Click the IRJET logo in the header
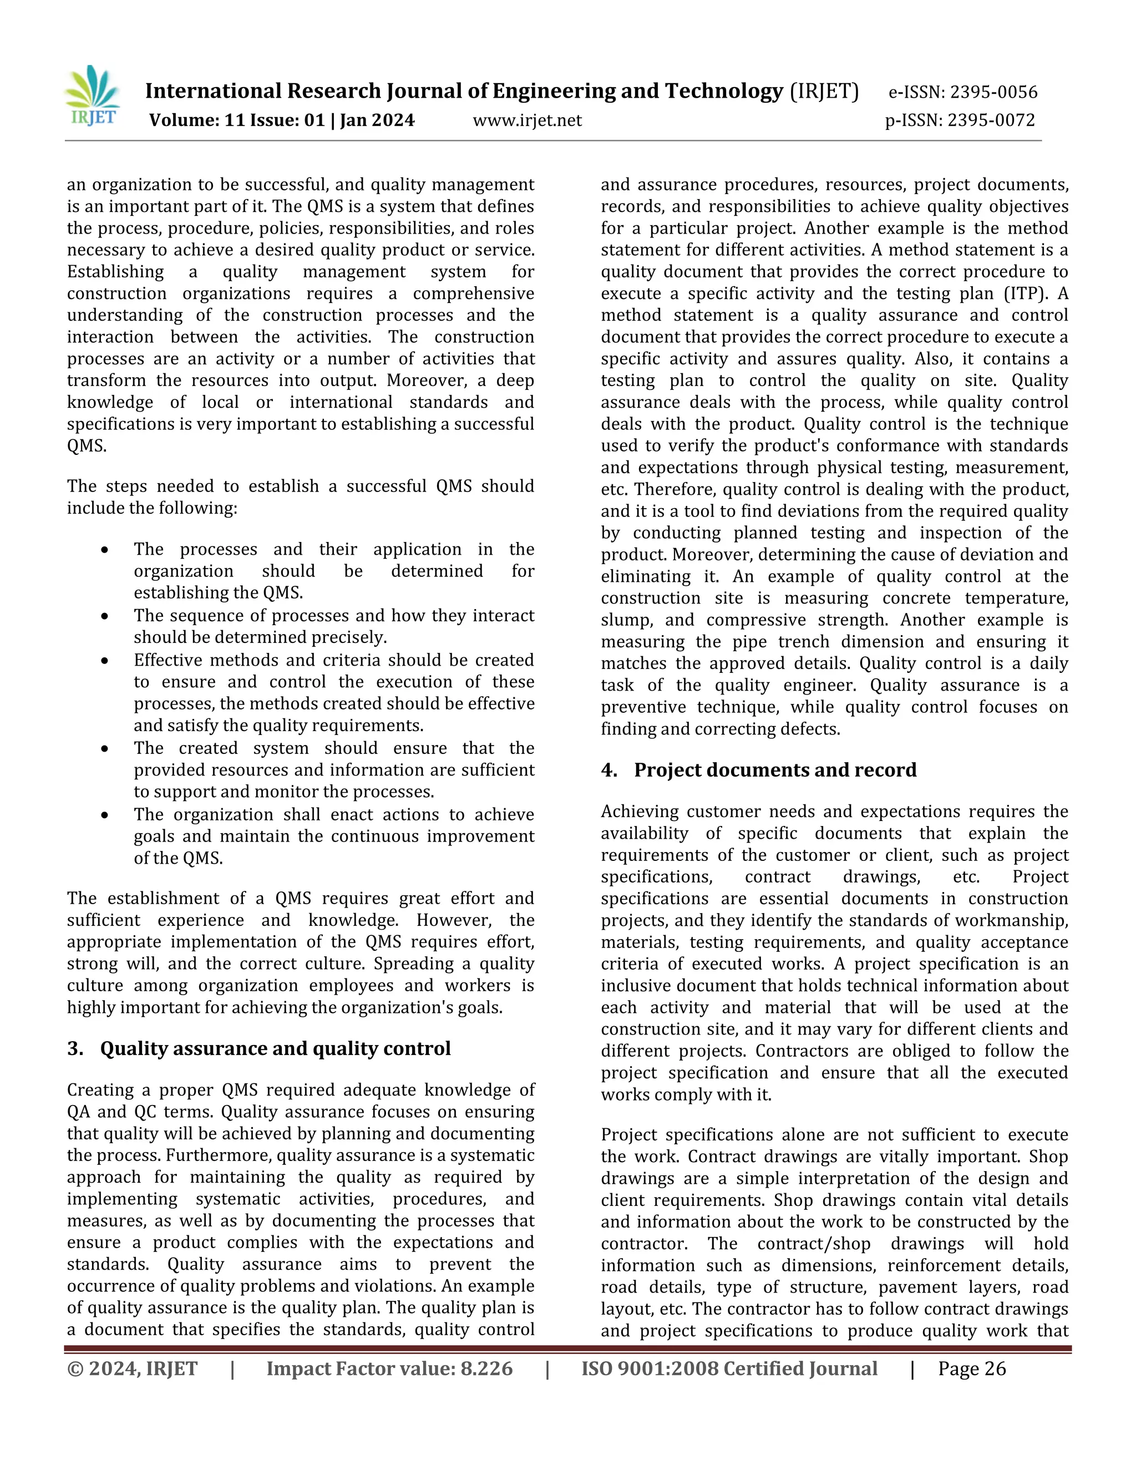click(x=92, y=95)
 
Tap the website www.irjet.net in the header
click(x=527, y=120)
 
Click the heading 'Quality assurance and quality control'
click(x=275, y=1048)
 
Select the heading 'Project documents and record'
click(x=775, y=770)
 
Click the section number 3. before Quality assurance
click(x=75, y=1048)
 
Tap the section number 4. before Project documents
click(x=609, y=770)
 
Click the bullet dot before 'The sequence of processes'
click(x=105, y=616)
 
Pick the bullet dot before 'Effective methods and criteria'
click(x=105, y=660)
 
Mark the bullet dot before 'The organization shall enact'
click(x=105, y=815)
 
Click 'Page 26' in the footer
click(x=972, y=1369)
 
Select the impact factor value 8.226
click(x=486, y=1369)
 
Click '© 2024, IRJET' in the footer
click(x=132, y=1369)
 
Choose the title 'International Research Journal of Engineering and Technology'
click(x=464, y=91)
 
